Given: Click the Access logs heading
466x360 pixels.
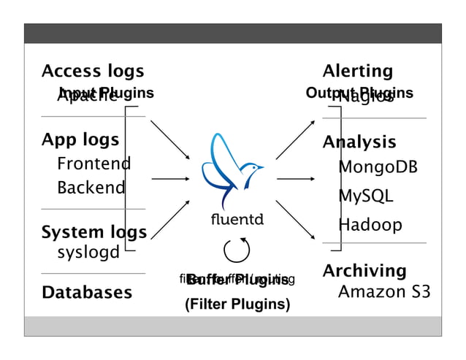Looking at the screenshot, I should (93, 72).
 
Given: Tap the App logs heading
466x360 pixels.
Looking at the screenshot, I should (80, 139).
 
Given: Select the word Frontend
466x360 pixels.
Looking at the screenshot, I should (93, 164).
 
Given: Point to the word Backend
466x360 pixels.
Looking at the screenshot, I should (91, 188).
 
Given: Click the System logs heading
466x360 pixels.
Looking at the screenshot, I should (93, 232).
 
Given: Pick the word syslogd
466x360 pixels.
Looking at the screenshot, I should (88, 253).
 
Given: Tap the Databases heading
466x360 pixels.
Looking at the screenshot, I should (87, 293).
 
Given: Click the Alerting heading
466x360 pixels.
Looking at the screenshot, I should (357, 72).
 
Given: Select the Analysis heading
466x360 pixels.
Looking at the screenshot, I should (359, 142).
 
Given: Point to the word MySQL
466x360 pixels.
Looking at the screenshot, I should (365, 196).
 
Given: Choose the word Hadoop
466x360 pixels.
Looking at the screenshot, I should (370, 225).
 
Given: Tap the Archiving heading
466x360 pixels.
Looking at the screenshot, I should (364, 271).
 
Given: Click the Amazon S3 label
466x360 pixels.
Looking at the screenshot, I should (383, 293).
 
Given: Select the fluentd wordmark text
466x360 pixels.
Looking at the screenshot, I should (237, 219).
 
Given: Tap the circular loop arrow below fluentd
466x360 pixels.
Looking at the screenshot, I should (237, 251).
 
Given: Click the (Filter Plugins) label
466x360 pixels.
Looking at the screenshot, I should (237, 305).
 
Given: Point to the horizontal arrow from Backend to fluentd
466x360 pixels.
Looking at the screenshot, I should (170, 178).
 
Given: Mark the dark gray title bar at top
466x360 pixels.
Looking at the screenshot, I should (232, 34).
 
